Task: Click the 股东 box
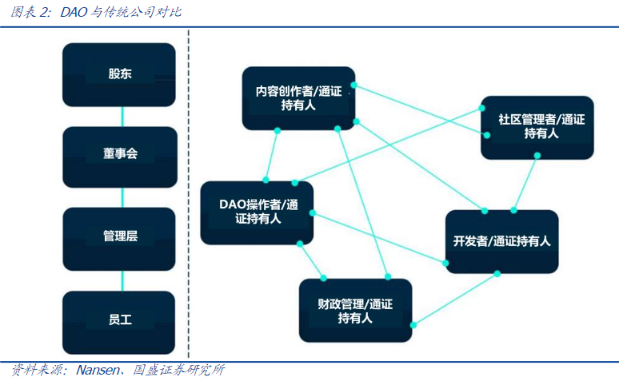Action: [x=119, y=74]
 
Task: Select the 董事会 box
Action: [x=119, y=153]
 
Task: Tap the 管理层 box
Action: [x=119, y=236]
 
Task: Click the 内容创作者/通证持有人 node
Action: [x=298, y=98]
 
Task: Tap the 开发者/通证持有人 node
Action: [x=501, y=241]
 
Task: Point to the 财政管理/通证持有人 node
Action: [x=355, y=311]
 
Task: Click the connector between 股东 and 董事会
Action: [x=122, y=116]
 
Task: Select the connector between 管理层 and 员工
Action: [x=122, y=279]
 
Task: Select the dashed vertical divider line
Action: [x=188, y=192]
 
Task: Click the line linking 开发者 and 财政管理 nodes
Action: [x=456, y=299]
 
